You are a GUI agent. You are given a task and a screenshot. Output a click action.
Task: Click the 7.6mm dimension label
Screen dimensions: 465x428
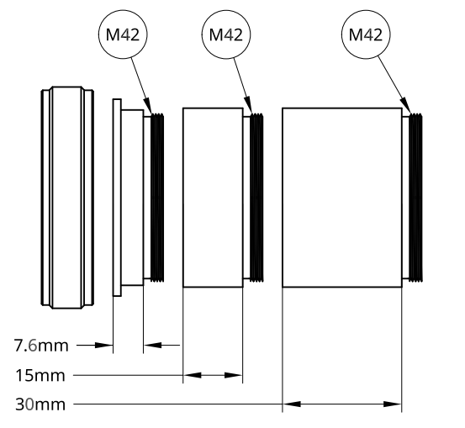pos(41,346)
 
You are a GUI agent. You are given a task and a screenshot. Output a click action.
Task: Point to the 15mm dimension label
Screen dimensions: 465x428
pos(40,375)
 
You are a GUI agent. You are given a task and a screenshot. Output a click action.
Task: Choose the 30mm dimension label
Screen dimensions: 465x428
pos(40,404)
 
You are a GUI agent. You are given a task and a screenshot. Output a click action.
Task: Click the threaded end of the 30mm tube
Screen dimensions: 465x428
pos(415,198)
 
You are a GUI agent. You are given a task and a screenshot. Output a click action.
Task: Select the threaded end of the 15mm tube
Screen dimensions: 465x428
pos(256,198)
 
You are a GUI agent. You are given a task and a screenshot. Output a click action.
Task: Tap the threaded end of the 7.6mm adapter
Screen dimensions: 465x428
pos(157,198)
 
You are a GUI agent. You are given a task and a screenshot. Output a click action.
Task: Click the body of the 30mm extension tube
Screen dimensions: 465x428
pos(342,198)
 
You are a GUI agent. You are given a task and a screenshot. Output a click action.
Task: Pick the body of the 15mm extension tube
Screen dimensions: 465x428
pos(213,198)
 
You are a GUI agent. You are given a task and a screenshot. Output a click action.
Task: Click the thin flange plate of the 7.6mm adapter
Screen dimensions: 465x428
pos(117,198)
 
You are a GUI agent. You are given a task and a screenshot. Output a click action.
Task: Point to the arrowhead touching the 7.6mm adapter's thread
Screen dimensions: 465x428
pos(148,106)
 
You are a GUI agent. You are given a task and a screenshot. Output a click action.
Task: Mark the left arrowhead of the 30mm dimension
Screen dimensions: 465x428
pos(292,404)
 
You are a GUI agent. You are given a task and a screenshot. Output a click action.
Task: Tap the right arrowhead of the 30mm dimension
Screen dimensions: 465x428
pos(393,404)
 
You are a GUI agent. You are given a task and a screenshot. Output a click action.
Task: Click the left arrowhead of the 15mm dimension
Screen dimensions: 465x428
pos(193,375)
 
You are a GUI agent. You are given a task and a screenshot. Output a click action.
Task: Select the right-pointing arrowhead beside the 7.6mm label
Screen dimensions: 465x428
pos(103,346)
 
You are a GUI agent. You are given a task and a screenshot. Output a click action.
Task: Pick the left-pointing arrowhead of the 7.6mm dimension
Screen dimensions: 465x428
pos(152,346)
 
